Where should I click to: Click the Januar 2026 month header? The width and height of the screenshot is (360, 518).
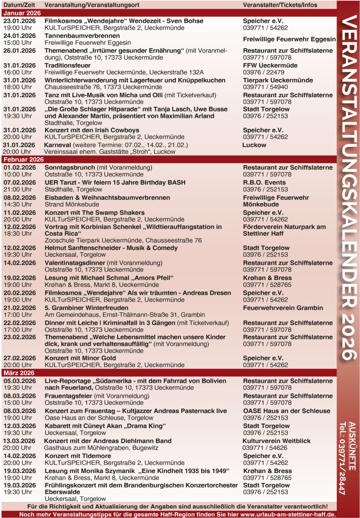click(22, 13)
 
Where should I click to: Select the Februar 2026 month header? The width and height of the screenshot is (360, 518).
click(23, 160)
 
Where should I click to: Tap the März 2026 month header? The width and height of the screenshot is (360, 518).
click(19, 373)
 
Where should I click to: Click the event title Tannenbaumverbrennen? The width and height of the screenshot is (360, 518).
click(82, 36)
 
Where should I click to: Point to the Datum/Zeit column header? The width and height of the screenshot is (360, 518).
click(19, 5)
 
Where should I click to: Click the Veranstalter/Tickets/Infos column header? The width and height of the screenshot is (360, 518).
click(280, 5)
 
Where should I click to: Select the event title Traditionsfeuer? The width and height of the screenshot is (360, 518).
click(67, 65)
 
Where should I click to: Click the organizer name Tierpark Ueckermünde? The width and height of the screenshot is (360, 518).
click(278, 80)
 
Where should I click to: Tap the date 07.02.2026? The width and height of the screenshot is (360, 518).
click(20, 182)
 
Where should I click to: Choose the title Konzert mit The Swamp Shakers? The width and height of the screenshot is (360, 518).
click(95, 213)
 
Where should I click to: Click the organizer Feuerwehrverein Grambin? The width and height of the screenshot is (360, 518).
click(283, 308)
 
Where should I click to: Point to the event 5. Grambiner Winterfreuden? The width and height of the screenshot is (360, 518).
click(86, 308)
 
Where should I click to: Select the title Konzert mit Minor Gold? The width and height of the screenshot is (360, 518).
click(80, 358)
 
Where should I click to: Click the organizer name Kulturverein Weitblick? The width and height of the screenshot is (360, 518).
click(276, 441)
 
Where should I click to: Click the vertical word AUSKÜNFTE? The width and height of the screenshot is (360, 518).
click(352, 446)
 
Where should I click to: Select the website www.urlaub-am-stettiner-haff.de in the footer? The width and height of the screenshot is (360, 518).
click(288, 514)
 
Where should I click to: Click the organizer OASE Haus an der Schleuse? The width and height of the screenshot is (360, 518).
click(286, 411)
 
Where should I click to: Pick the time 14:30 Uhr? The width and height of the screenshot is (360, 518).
click(18, 204)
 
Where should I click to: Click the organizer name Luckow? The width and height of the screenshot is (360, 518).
click(254, 145)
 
